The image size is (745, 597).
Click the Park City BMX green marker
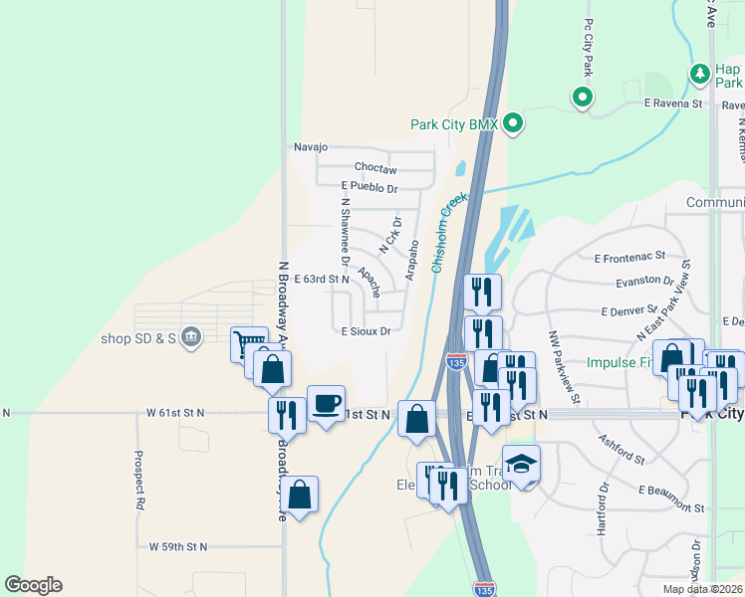513,124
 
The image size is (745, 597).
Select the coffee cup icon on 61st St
326,403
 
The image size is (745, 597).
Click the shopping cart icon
247,345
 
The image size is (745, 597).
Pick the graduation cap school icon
521,464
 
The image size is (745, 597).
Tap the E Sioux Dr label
366,331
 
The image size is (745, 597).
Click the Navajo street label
310,147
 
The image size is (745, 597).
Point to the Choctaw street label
375,168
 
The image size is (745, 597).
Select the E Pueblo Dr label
370,187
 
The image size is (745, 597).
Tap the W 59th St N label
178,546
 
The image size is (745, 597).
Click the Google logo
33,585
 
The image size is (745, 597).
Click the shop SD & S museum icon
192,338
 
